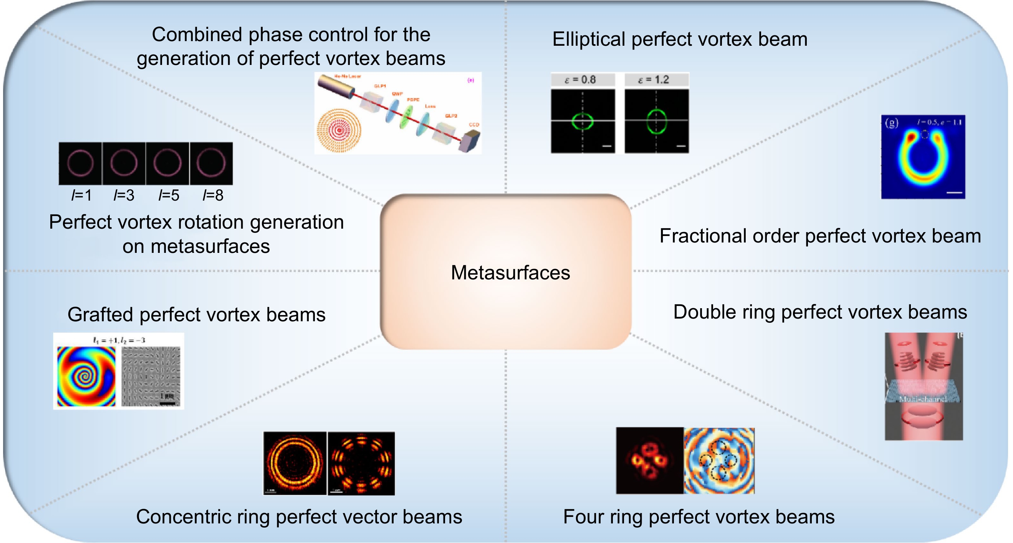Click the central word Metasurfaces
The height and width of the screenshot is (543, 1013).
coord(510,273)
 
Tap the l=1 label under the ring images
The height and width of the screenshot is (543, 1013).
coord(81,195)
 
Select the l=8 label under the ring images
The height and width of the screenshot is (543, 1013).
coord(213,195)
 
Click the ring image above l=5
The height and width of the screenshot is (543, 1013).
coord(167,163)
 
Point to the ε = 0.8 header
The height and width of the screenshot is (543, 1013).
coord(583,80)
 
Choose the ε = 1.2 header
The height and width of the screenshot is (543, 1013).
coord(656,80)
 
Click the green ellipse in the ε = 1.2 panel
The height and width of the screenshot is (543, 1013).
coord(656,121)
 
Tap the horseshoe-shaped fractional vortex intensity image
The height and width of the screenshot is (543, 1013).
coord(922,158)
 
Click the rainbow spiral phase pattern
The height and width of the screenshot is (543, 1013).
coord(86,376)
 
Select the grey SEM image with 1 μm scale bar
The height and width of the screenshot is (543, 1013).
coord(151,376)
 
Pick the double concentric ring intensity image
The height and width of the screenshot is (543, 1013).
coord(295,463)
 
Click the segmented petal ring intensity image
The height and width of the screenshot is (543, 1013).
coord(361,463)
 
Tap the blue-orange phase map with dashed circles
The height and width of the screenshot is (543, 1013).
coord(719,461)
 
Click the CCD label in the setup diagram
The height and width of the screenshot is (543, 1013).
coord(474,125)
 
